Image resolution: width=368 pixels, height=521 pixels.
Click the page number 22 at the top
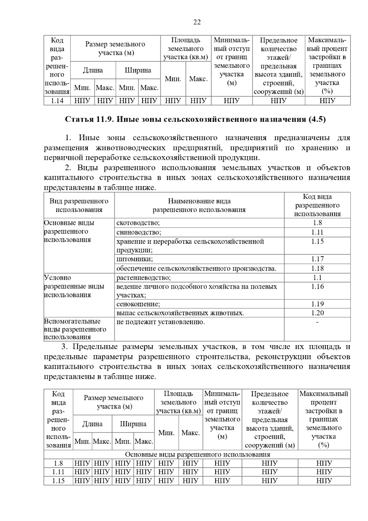pyautogui.click(x=197, y=22)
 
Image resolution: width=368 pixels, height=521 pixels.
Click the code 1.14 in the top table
pyautogui.click(x=57, y=101)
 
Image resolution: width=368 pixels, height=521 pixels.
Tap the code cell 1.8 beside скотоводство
pyautogui.click(x=317, y=223)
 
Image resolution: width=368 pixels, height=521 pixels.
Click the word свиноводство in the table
pyautogui.click(x=139, y=232)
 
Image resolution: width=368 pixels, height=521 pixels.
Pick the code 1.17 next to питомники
pyautogui.click(x=317, y=259)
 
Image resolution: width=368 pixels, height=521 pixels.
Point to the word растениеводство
pyautogui.click(x=144, y=278)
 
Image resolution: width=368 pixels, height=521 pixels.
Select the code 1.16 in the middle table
pyautogui.click(x=317, y=287)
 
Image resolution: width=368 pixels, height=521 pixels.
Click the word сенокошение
pyautogui.click(x=138, y=304)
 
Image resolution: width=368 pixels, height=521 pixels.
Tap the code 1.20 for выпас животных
pyautogui.click(x=317, y=313)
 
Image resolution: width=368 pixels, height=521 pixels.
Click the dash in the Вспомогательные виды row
pyautogui.click(x=317, y=322)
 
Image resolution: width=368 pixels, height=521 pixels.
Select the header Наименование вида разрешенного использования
pyautogui.click(x=199, y=205)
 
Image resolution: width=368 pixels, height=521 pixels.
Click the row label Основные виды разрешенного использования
pyautogui.click(x=69, y=231)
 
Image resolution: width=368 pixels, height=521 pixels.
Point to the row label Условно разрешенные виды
pyautogui.click(x=74, y=286)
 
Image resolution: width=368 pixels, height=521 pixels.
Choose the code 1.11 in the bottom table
pyautogui.click(x=58, y=472)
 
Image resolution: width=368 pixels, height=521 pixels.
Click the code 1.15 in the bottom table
pyautogui.click(x=58, y=480)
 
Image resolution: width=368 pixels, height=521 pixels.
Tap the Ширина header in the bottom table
pyautogui.click(x=133, y=424)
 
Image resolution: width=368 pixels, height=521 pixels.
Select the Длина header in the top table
pyautogui.click(x=93, y=70)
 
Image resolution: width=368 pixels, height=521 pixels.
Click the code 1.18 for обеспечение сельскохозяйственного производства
pyautogui.click(x=317, y=268)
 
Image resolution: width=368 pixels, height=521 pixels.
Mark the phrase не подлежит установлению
pyautogui.click(x=160, y=322)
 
